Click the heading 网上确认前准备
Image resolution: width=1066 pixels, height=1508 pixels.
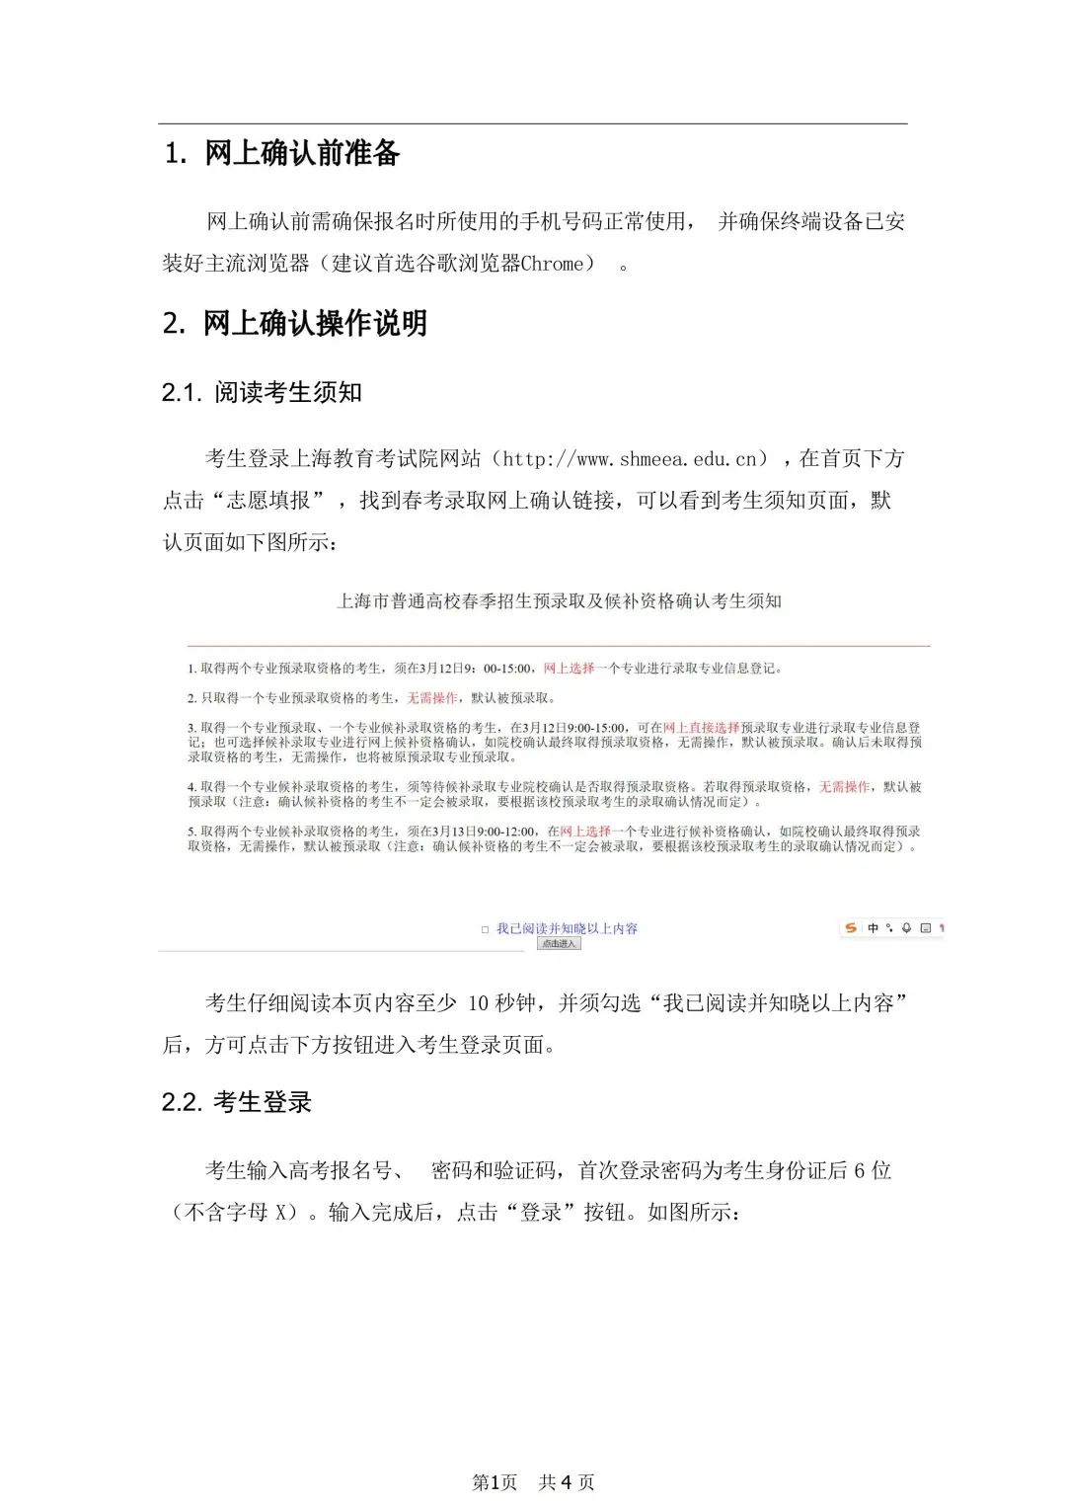click(x=302, y=153)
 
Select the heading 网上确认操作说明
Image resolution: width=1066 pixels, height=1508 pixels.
click(x=315, y=323)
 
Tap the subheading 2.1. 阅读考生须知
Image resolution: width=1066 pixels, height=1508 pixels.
click(x=263, y=392)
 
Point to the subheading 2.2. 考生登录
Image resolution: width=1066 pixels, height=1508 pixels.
click(x=237, y=1102)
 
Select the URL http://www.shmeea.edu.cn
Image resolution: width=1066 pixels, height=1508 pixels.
click(x=631, y=459)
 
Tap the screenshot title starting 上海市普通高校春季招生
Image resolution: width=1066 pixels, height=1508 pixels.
click(x=560, y=600)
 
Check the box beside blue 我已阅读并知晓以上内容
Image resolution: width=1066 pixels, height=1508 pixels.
click(x=485, y=929)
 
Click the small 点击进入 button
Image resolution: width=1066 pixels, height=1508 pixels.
click(x=560, y=944)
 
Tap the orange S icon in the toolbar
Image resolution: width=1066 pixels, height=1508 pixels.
click(x=851, y=928)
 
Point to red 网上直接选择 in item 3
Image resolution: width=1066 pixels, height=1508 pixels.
click(x=701, y=728)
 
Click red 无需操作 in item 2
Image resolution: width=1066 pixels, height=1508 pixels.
click(x=432, y=698)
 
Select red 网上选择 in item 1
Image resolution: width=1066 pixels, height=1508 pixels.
click(x=570, y=669)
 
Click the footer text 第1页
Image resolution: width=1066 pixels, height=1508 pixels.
click(x=495, y=1482)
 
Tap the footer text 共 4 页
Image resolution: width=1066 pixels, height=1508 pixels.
click(x=567, y=1482)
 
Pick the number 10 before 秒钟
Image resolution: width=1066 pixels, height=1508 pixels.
click(x=479, y=1003)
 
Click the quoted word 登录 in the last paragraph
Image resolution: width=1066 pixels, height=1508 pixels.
click(x=541, y=1213)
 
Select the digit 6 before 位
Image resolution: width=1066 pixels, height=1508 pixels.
click(x=860, y=1171)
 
